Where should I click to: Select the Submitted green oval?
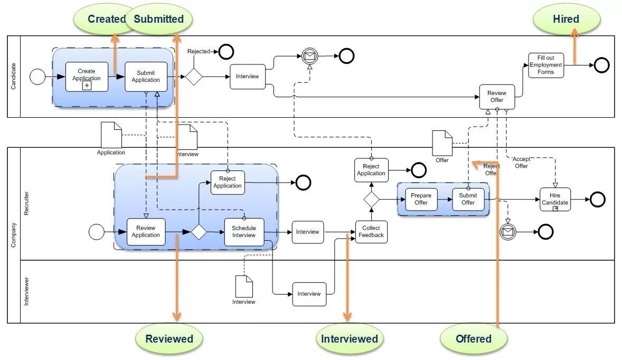pyautogui.click(x=159, y=19)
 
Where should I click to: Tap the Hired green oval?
pyautogui.click(x=566, y=19)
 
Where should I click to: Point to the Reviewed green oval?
pyautogui.click(x=169, y=339)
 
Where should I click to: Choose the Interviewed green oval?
pyautogui.click(x=350, y=339)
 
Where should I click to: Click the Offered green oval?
pyautogui.click(x=474, y=339)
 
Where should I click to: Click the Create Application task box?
pyautogui.click(x=87, y=77)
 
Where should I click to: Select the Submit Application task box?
pyautogui.click(x=146, y=77)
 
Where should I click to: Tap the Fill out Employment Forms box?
pyautogui.click(x=546, y=65)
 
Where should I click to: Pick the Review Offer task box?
pyautogui.click(x=497, y=97)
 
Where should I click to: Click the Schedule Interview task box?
pyautogui.click(x=244, y=232)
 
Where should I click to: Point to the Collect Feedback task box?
pyautogui.click(x=371, y=232)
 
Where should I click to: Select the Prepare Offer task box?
pyautogui.click(x=421, y=199)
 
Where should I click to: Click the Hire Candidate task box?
pyautogui.click(x=555, y=200)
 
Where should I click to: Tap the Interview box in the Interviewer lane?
pyautogui.click(x=309, y=294)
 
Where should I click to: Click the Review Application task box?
pyautogui.click(x=146, y=232)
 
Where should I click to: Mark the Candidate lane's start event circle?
pyautogui.click(x=37, y=77)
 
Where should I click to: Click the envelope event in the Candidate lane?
pyautogui.click(x=310, y=56)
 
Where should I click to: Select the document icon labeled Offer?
pyautogui.click(x=442, y=143)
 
